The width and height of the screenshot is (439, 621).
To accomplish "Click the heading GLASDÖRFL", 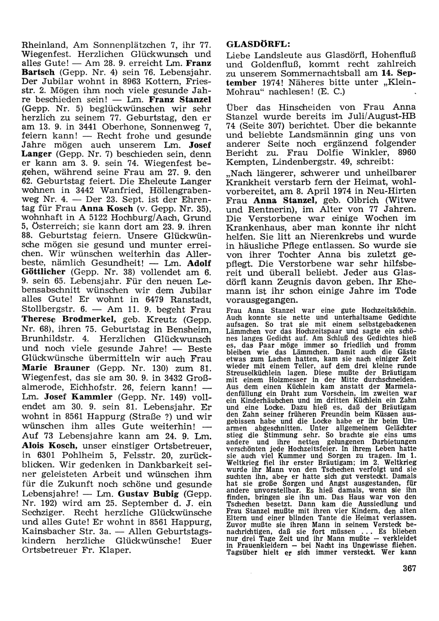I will tap(258, 44).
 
